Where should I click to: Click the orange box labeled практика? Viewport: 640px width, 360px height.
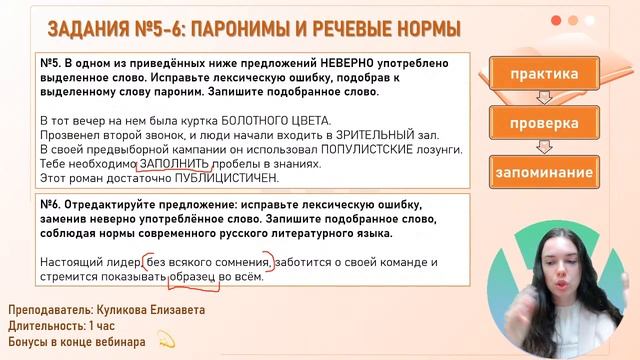544,74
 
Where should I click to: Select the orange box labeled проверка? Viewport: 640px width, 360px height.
544,123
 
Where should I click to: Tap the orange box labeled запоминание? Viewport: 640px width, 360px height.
544,172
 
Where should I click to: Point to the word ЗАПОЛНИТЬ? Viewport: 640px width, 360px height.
174,163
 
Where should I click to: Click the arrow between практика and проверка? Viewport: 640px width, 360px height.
544,98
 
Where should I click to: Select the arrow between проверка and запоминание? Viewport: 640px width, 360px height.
544,148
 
